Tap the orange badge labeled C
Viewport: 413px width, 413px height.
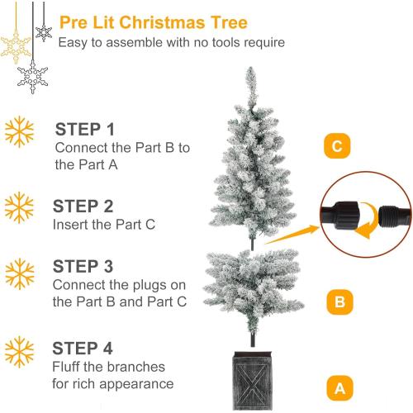point(335,148)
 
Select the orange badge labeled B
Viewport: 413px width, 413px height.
point(335,301)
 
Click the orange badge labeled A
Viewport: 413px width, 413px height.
point(335,386)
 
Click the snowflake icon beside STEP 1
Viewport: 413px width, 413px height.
point(19,131)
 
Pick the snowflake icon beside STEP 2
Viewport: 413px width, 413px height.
point(19,206)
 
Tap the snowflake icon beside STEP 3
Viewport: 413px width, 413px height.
point(19,270)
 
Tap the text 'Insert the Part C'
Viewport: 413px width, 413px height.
point(105,224)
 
